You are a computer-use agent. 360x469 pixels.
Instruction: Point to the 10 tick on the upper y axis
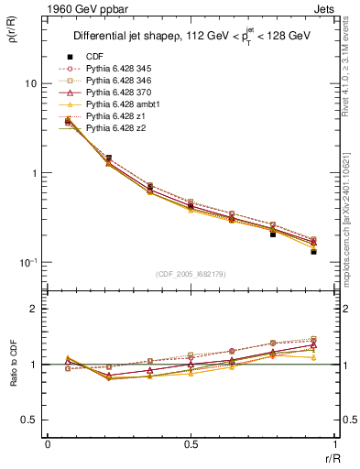tap(29, 83)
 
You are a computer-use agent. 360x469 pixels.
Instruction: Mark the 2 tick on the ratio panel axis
tap(32, 309)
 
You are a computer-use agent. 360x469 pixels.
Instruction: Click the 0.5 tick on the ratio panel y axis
tap(28, 420)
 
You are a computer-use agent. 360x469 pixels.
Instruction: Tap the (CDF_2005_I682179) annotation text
tap(191, 274)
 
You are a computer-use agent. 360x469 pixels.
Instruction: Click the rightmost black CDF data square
tap(313, 251)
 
